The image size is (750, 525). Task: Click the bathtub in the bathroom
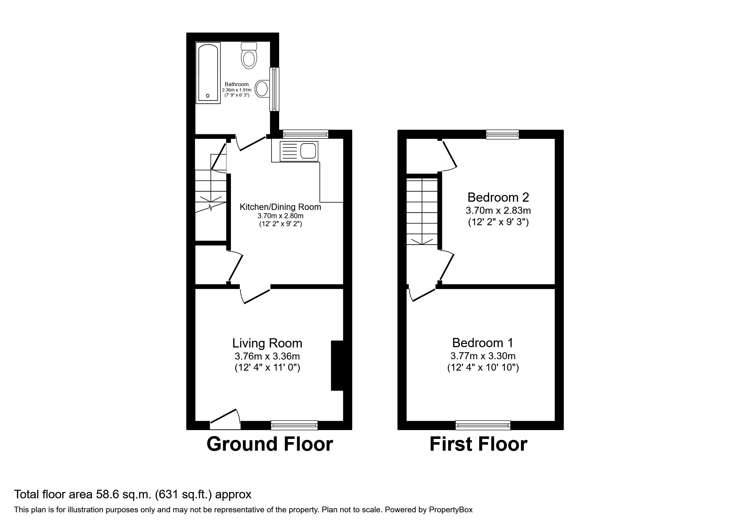pyautogui.click(x=208, y=73)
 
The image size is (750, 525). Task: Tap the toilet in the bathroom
pyautogui.click(x=249, y=56)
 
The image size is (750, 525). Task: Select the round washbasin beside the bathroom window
pyautogui.click(x=262, y=89)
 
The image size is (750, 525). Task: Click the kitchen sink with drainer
pyautogui.click(x=299, y=151)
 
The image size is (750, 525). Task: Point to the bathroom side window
pyautogui.click(x=274, y=89)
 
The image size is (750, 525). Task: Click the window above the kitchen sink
pyautogui.click(x=305, y=134)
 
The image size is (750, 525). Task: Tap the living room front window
pyautogui.click(x=294, y=425)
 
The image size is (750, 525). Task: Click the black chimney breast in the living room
pyautogui.click(x=338, y=366)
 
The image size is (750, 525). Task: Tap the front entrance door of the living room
pyautogui.click(x=225, y=420)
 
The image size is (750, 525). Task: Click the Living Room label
pyautogui.click(x=267, y=343)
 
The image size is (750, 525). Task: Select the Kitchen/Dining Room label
pyautogui.click(x=280, y=207)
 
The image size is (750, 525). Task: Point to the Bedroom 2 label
pyautogui.click(x=498, y=197)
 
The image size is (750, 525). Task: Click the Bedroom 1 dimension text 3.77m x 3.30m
pyautogui.click(x=483, y=356)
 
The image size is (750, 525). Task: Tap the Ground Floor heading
pyautogui.click(x=270, y=444)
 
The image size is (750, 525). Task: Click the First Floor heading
pyautogui.click(x=478, y=444)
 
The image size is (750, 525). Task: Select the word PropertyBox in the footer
pyautogui.click(x=451, y=510)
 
